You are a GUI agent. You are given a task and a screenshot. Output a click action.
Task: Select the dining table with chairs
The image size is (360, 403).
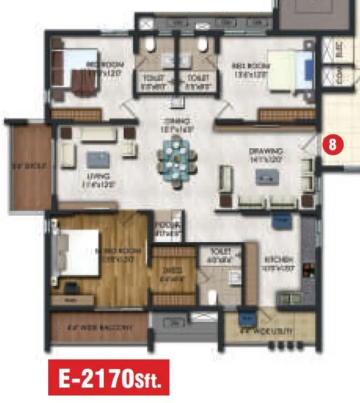(x=177, y=159)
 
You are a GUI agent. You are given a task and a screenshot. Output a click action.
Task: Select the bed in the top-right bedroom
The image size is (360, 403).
(x=289, y=70)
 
